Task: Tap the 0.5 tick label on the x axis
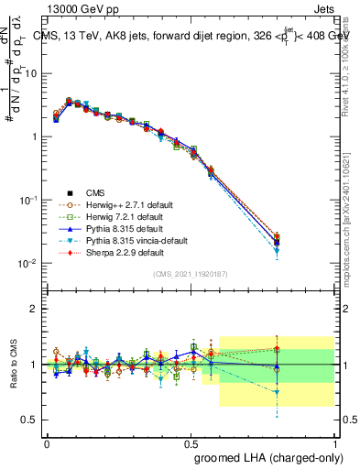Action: click(x=191, y=442)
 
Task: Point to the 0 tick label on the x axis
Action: click(x=47, y=442)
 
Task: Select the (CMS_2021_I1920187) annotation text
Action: click(x=190, y=274)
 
